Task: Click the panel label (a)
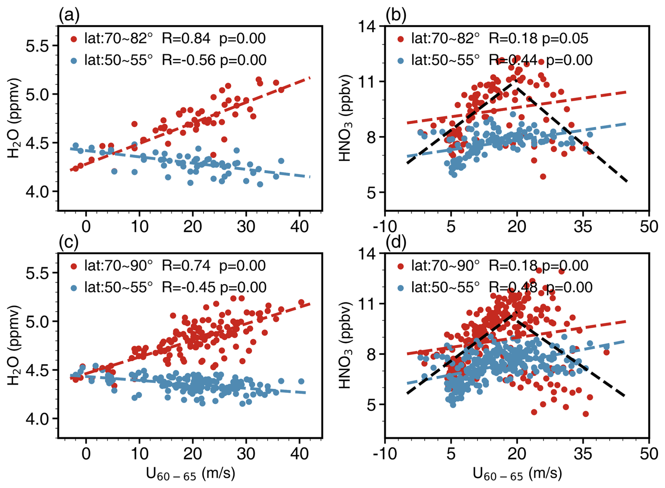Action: tap(69, 15)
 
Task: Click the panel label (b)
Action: tap(396, 15)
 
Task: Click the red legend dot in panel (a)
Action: tap(74, 39)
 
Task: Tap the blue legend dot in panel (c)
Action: tap(74, 288)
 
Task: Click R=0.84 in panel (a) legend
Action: tap(186, 38)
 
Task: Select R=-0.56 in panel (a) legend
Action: tap(188, 60)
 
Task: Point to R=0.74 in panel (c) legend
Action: tap(186, 265)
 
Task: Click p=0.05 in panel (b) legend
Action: tap(565, 38)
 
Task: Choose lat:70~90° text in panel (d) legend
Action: tap(445, 265)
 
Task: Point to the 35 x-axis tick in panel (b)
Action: tap(583, 227)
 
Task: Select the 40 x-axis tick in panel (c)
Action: tap(299, 454)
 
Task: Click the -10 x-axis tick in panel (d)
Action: tap(385, 454)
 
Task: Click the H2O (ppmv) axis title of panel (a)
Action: tap(14, 118)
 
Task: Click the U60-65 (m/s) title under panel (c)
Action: tap(190, 474)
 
